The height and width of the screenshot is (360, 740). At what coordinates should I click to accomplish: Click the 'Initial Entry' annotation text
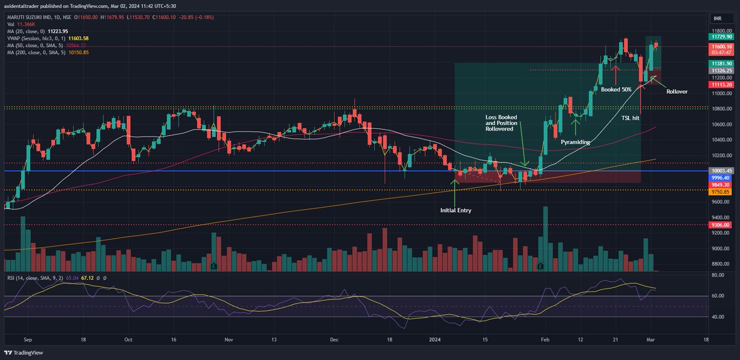[456, 210]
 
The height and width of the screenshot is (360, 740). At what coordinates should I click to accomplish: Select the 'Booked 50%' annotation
[616, 89]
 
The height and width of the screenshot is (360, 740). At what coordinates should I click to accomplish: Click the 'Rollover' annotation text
[676, 91]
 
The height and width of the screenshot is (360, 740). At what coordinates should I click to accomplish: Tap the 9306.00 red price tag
[718, 225]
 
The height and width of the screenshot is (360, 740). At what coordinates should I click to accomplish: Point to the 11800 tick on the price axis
[718, 30]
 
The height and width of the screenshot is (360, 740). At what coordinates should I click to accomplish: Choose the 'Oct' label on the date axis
[128, 339]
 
